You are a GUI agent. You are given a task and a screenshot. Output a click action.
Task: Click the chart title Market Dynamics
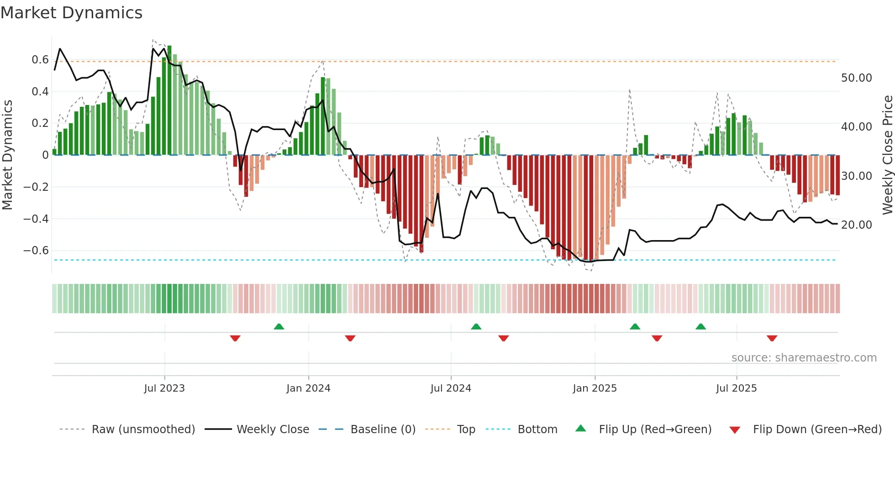tap(71, 13)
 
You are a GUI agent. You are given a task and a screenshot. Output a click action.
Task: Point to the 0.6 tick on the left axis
tap(40, 60)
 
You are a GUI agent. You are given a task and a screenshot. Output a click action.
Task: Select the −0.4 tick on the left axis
tap(36, 219)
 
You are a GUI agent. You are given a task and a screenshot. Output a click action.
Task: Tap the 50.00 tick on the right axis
tap(856, 78)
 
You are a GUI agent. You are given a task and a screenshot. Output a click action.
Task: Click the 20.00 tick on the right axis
tap(856, 225)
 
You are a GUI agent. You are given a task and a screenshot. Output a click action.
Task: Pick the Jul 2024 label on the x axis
tap(450, 388)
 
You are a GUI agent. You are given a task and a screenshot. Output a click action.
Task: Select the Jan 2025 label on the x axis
tap(595, 388)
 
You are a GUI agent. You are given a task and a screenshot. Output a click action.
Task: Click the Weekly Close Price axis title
tap(887, 155)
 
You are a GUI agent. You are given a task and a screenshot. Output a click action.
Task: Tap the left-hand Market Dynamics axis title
tap(7, 155)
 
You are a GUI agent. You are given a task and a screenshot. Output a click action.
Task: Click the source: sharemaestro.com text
tap(804, 358)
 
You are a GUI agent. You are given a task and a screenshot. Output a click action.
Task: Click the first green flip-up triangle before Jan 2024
tap(279, 326)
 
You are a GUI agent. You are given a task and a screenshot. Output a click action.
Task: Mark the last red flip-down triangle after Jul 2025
tap(772, 338)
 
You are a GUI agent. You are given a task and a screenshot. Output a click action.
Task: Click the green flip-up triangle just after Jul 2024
tap(476, 326)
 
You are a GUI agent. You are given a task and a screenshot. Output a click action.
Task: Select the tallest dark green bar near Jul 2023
tap(169, 100)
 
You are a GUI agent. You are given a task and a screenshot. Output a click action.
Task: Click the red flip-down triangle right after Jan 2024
tap(350, 338)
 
